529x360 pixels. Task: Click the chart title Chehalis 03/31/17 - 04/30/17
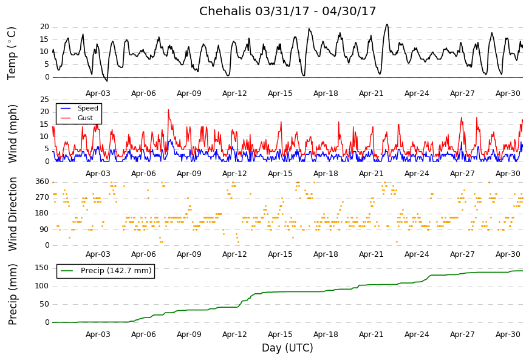[287, 12]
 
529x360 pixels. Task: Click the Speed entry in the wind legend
[87, 109]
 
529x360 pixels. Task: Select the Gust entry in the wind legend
[85, 118]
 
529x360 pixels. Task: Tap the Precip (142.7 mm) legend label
[115, 271]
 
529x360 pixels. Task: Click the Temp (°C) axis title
[12, 53]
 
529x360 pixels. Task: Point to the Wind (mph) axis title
[13, 133]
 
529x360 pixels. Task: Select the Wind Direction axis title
[13, 214]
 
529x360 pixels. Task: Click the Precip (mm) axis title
[13, 294]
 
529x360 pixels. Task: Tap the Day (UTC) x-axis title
[287, 348]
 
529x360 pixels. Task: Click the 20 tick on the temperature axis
[44, 27]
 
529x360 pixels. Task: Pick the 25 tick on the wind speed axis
[44, 100]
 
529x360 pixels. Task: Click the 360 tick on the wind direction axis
[42, 182]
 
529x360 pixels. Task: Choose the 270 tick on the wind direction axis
[42, 197]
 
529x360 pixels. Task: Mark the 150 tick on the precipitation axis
[42, 268]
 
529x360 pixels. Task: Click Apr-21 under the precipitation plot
[371, 335]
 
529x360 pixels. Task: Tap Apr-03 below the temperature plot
[98, 93]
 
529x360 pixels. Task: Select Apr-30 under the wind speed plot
[508, 174]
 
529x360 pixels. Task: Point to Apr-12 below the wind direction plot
[234, 254]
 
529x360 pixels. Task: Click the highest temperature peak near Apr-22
[387, 25]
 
